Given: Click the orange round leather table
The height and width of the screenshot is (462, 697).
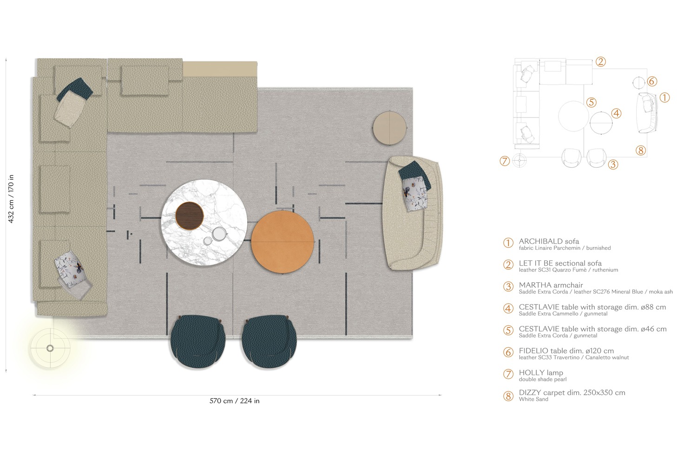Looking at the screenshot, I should tap(283, 242).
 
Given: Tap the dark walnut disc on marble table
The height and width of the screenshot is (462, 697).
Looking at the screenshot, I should tap(190, 216).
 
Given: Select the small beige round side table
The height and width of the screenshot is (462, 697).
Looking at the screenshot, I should tap(390, 127).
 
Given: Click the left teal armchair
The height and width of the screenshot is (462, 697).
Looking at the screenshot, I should tap(198, 342).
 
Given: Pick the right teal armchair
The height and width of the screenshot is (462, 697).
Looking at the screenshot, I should tap(269, 342).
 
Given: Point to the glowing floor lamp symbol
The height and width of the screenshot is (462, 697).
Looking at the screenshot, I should tap(50, 348).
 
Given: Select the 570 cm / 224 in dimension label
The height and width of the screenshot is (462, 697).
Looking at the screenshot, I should tap(235, 401).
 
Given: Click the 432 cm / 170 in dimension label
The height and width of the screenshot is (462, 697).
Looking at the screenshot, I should tap(11, 199).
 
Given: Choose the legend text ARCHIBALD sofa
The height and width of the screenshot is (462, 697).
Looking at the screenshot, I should tap(549, 241).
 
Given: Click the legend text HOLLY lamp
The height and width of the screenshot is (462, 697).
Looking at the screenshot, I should tap(541, 373).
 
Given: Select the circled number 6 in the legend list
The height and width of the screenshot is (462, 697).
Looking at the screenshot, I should tap(508, 352).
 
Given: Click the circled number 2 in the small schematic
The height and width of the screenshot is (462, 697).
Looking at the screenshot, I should tap(600, 61).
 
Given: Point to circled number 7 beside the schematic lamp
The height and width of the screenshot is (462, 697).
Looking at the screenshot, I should tap(505, 161).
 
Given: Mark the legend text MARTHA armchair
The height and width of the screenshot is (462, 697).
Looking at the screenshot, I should tap(551, 285).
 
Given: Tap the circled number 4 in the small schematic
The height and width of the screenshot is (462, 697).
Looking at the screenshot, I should tap(616, 113).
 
